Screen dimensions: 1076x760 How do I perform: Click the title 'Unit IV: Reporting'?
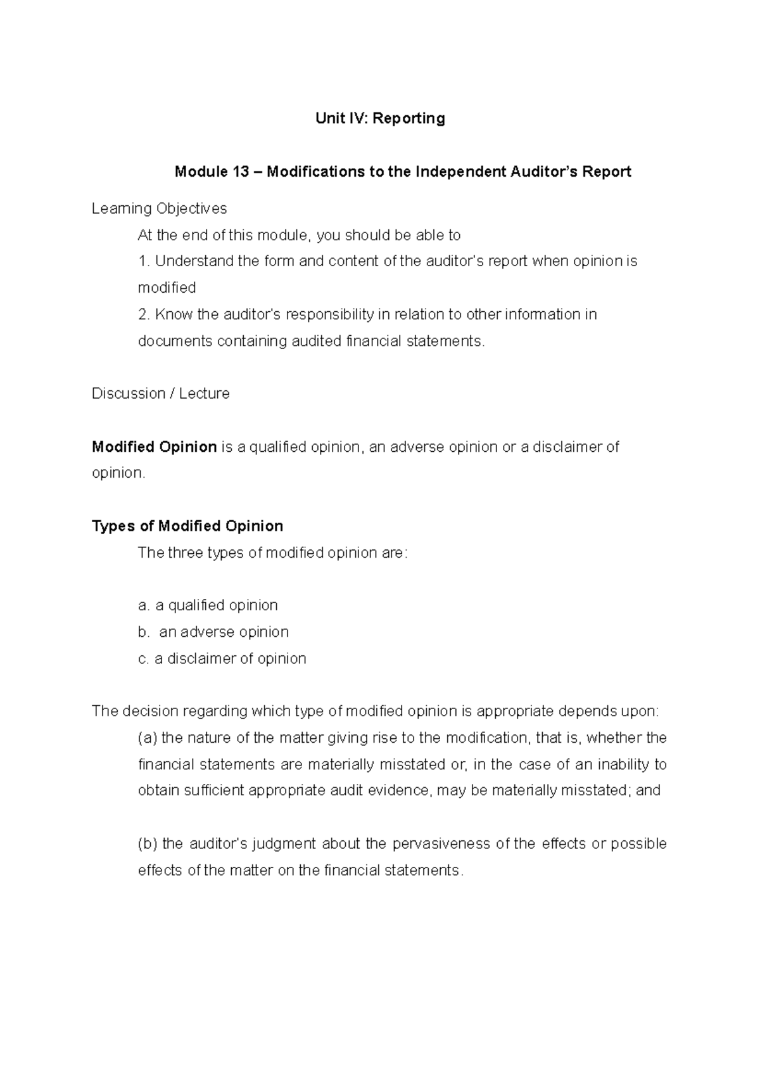coord(380,118)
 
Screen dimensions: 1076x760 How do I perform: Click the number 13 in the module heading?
coord(239,172)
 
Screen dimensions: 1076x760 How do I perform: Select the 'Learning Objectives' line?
coord(159,208)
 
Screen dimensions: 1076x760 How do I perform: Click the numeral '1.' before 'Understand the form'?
coord(144,261)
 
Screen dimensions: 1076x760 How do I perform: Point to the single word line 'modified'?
coord(167,288)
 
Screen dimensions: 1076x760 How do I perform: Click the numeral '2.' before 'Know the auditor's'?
coord(144,314)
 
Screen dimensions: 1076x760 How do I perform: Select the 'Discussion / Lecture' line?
coord(160,394)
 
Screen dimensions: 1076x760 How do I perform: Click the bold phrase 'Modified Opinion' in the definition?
coord(155,447)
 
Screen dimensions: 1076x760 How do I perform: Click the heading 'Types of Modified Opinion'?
coord(187,526)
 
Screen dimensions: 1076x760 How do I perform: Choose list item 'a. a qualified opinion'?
coord(208,605)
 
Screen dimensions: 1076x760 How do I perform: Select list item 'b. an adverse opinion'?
coord(213,632)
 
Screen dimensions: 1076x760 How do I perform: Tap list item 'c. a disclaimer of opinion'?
coord(222,658)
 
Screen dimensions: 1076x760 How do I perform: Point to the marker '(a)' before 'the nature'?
coord(148,738)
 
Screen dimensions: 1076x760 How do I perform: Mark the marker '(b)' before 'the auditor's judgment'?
coord(148,843)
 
